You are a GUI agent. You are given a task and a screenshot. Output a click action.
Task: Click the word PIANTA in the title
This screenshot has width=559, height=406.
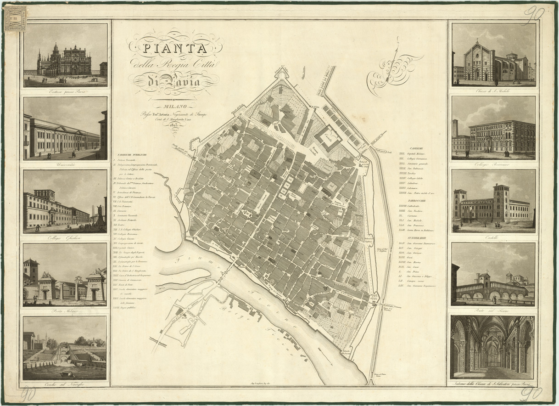pos(175,48)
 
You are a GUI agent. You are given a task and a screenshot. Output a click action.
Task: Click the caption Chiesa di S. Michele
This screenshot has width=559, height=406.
pos(493,90)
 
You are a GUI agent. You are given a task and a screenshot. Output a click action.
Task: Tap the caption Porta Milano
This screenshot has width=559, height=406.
pos(65,311)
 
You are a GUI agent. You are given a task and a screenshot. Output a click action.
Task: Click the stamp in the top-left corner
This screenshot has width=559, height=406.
pos(15,18)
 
